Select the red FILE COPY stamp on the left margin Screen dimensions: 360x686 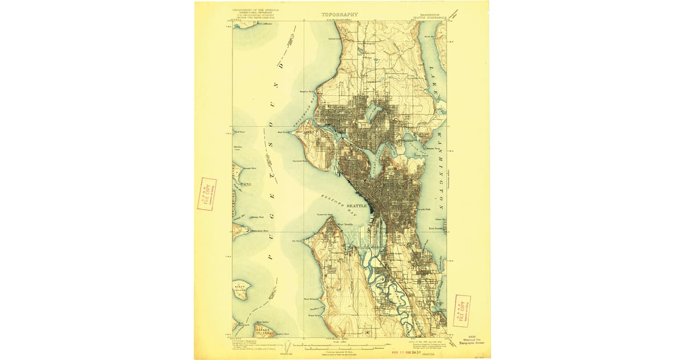(206, 194)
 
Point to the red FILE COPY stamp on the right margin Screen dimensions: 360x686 (461, 311)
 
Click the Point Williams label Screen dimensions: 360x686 (312, 299)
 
